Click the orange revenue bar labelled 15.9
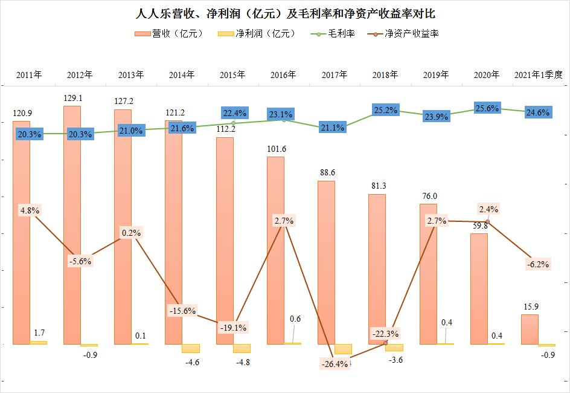(x=530, y=330)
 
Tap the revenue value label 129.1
(x=72, y=97)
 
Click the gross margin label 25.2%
(x=385, y=111)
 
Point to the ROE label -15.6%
(x=182, y=311)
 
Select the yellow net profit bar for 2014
(x=191, y=348)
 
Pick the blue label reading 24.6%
(x=537, y=112)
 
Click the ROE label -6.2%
(x=537, y=264)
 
